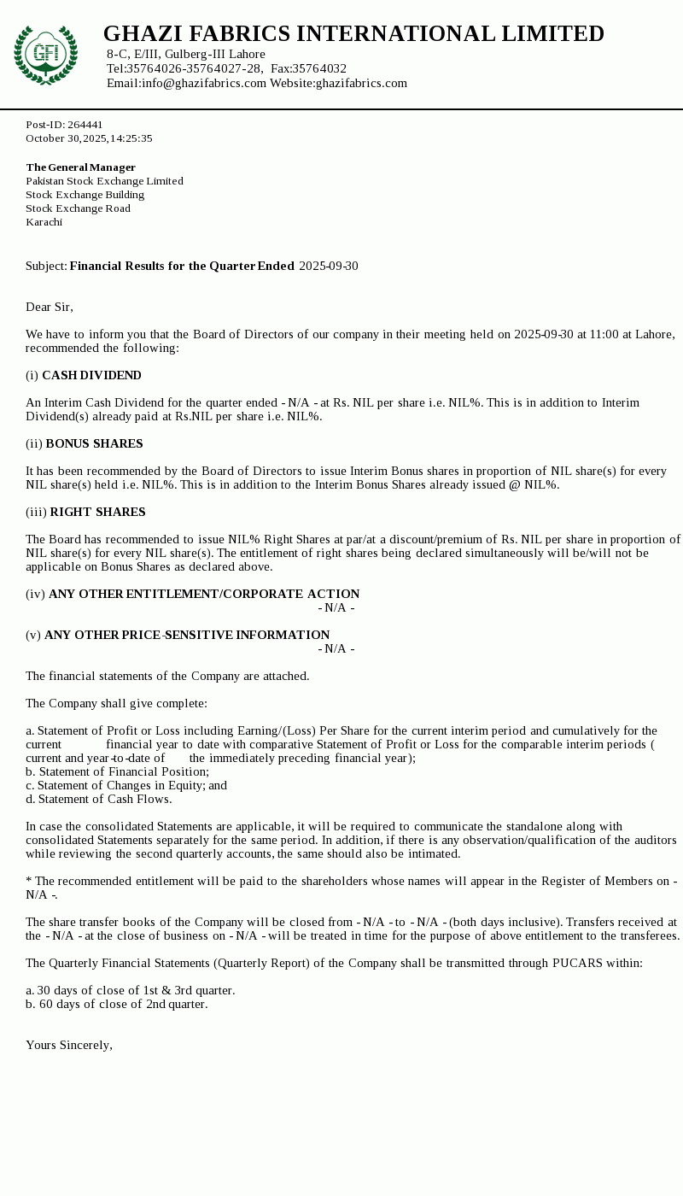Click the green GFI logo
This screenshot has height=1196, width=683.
(x=45, y=55)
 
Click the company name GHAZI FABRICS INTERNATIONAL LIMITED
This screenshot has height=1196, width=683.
(x=353, y=34)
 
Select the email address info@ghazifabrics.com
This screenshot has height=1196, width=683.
(x=204, y=83)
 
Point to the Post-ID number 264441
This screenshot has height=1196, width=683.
(x=85, y=125)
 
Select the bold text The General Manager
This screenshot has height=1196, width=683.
(x=80, y=167)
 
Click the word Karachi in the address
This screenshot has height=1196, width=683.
(x=44, y=222)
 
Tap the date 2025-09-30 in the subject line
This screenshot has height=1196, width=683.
(x=329, y=266)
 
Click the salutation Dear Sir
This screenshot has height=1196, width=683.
(x=50, y=307)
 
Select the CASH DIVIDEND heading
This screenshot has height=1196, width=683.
(x=91, y=375)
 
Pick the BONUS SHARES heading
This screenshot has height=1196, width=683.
(x=94, y=443)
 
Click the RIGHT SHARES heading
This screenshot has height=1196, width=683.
(x=97, y=512)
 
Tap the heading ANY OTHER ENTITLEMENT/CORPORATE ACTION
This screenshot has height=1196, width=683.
(x=204, y=594)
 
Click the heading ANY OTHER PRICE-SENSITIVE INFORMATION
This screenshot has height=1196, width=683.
(x=187, y=635)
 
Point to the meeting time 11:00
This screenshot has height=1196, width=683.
(x=604, y=334)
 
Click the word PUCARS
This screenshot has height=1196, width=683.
(x=578, y=963)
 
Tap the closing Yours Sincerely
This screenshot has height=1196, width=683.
(x=68, y=1045)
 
